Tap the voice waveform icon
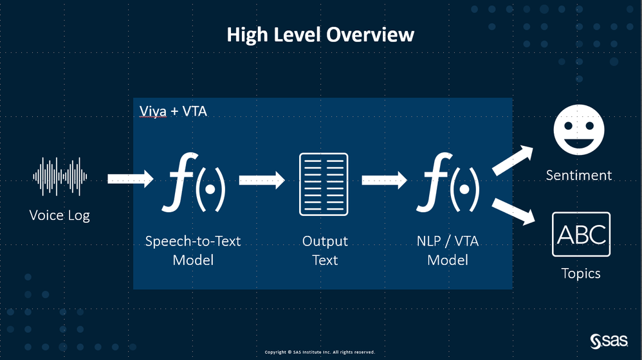point(60,177)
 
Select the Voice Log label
point(60,215)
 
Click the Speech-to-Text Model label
point(193,251)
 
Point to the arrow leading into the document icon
point(262,180)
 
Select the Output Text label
point(325,251)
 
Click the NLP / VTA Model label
point(447,251)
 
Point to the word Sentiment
point(579,175)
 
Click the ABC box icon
point(581,234)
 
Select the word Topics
point(581,273)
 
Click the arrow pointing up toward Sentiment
point(514,160)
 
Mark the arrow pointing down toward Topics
point(515,212)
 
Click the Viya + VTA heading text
point(173,111)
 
